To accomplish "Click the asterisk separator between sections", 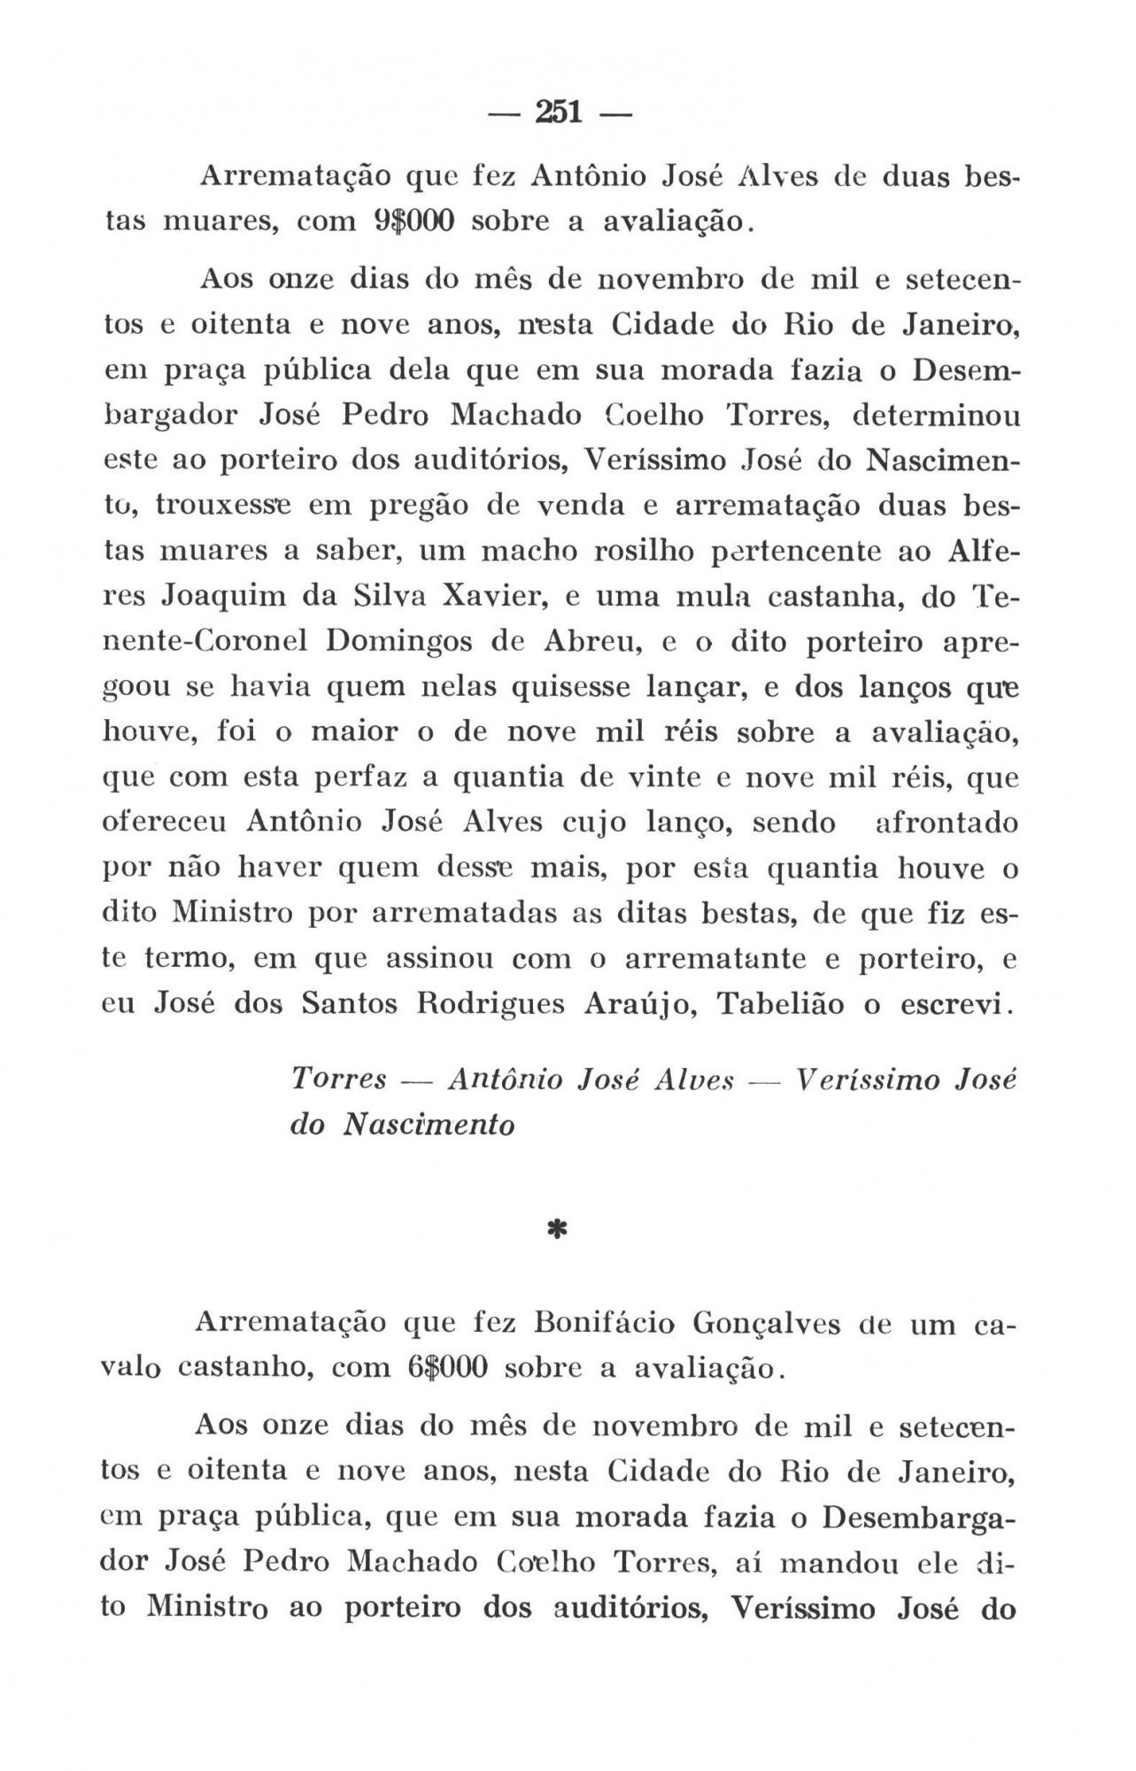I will pyautogui.click(x=558, y=1230).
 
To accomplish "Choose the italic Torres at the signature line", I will pyautogui.click(x=339, y=1079).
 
